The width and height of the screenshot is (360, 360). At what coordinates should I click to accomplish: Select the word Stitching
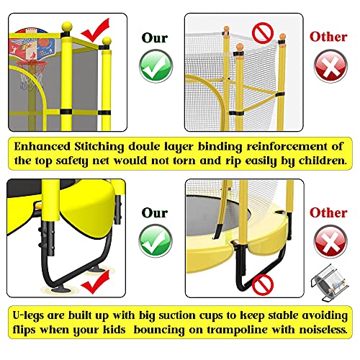click(x=108, y=146)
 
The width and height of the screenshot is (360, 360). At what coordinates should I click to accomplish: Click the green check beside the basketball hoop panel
click(x=156, y=68)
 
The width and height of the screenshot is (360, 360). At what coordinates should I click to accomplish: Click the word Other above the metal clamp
click(x=328, y=213)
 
